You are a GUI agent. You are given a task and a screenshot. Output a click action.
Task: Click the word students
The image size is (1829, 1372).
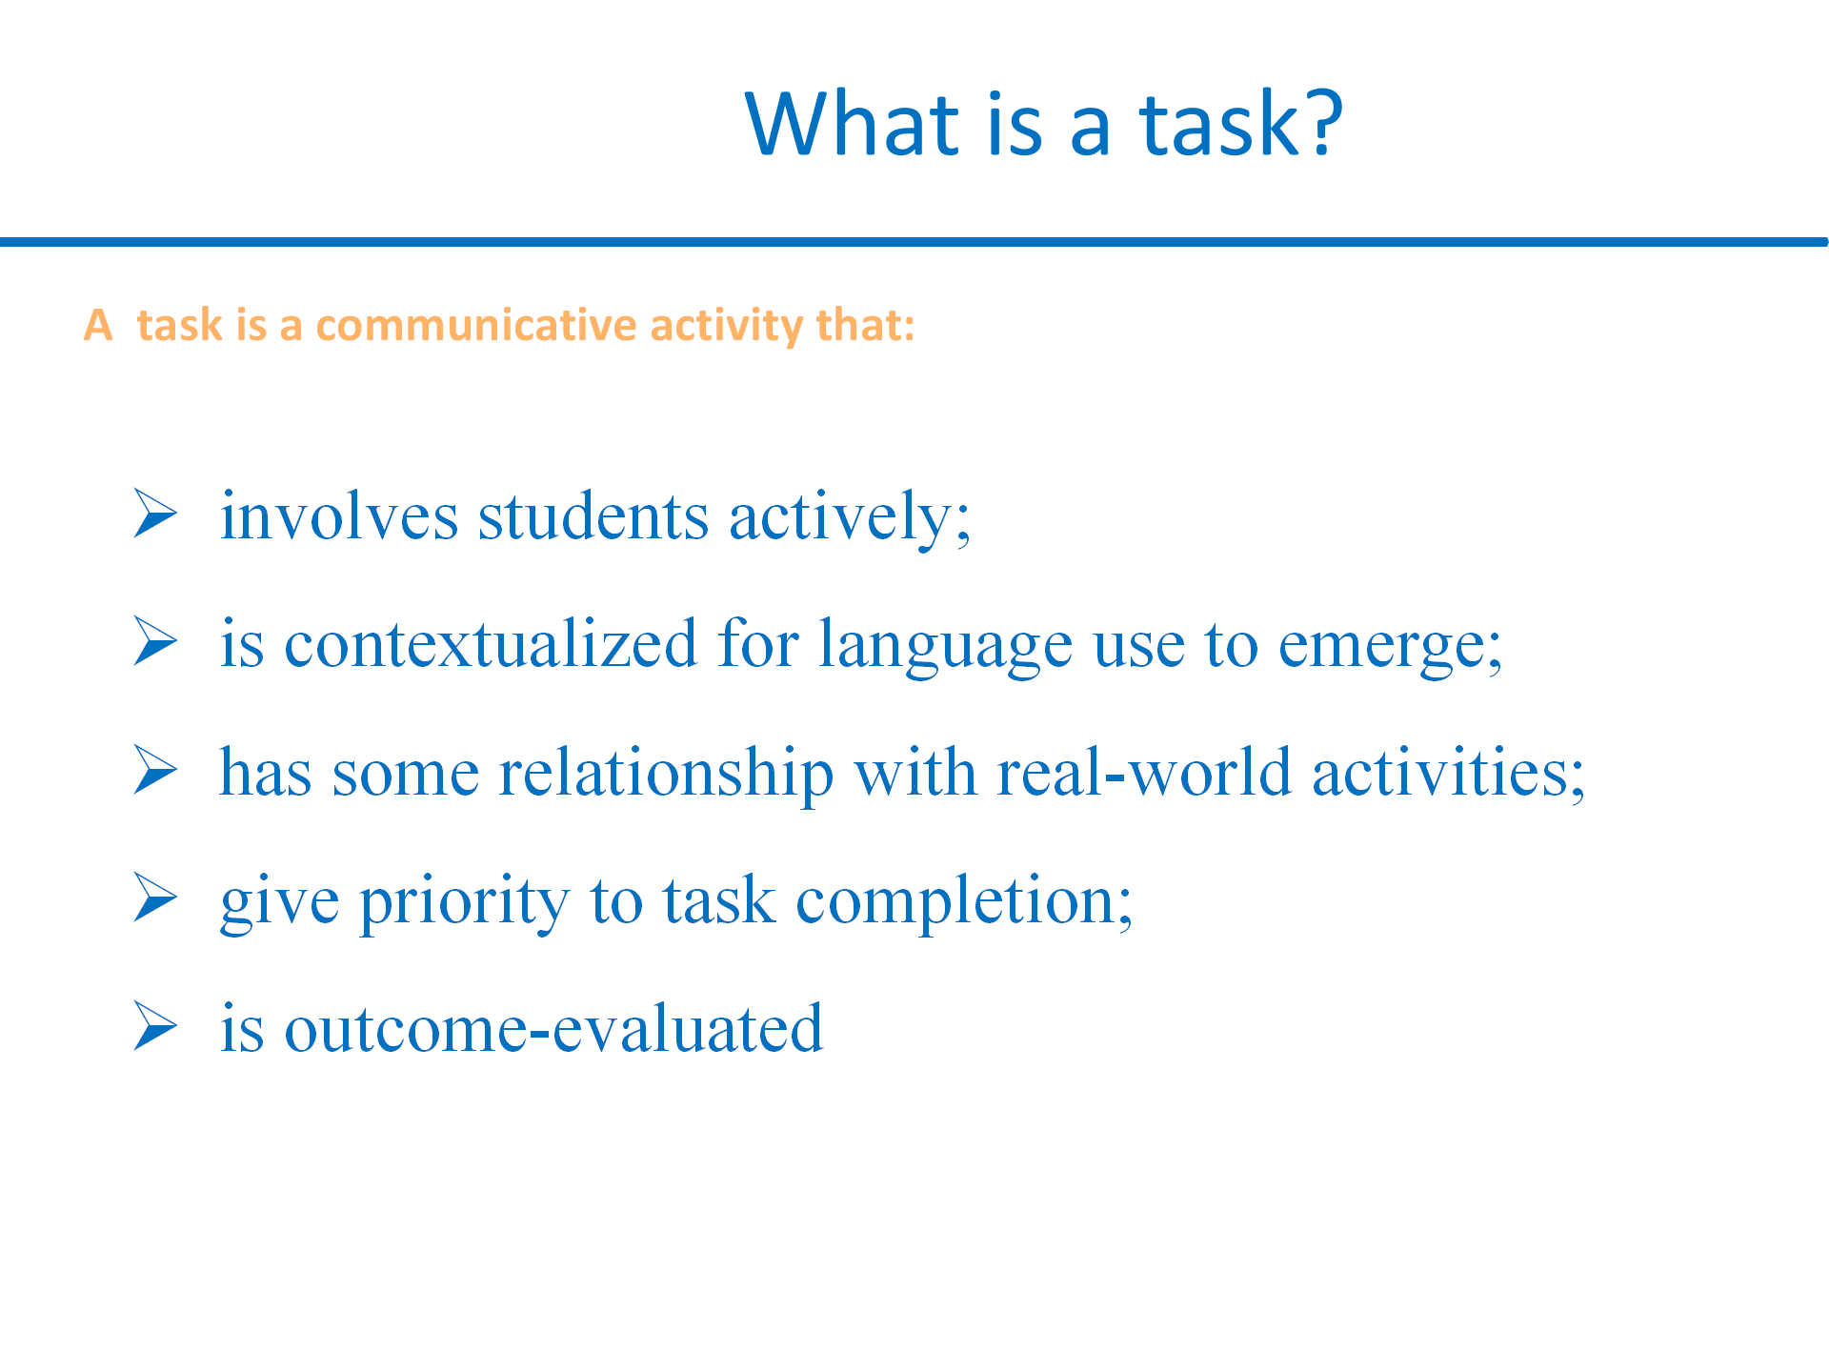pyautogui.click(x=593, y=516)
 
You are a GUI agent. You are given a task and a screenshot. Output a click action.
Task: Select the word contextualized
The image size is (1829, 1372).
pyautogui.click(x=491, y=643)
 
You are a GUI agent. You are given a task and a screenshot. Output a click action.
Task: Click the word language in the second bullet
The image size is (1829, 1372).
pyautogui.click(x=945, y=646)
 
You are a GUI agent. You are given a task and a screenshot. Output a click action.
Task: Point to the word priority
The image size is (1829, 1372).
pyautogui.click(x=464, y=901)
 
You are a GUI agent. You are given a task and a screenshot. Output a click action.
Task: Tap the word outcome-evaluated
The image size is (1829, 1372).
pyautogui.click(x=553, y=1028)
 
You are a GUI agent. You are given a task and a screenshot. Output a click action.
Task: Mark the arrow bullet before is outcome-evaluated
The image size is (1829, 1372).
pyautogui.click(x=156, y=1025)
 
